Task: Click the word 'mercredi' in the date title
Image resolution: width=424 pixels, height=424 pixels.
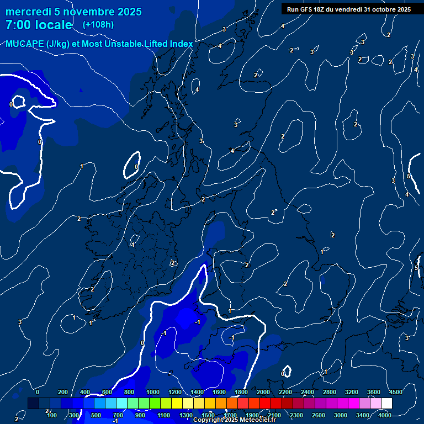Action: coord(28,12)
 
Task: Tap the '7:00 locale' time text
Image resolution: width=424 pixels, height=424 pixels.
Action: coord(39,25)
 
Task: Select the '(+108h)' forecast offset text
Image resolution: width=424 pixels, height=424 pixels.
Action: coord(98,25)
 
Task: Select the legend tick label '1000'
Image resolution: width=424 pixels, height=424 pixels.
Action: coord(153,392)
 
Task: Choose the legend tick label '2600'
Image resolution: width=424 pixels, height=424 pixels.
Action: coord(319,415)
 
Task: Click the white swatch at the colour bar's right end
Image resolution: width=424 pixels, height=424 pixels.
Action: coord(386,403)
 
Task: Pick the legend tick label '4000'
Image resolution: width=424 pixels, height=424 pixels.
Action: coord(385,415)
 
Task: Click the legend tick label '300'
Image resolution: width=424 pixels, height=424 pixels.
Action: coord(73,415)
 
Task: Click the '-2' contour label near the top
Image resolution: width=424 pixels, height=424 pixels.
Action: coord(291,50)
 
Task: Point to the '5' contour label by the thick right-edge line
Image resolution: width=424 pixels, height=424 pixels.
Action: coord(409,176)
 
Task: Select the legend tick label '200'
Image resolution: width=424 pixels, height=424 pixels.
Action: coord(62,392)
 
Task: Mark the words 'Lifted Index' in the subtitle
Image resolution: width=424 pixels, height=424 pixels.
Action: coord(166,44)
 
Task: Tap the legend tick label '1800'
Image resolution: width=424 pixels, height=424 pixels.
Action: coord(241,392)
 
